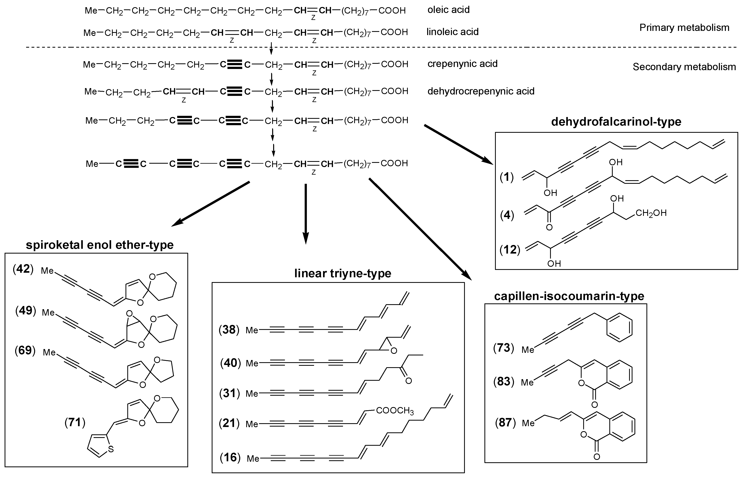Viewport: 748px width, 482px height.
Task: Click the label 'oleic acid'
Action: (448, 10)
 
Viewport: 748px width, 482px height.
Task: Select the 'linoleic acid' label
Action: (452, 32)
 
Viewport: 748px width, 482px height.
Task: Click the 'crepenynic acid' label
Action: (462, 64)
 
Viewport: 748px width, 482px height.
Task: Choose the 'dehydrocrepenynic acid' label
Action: (481, 91)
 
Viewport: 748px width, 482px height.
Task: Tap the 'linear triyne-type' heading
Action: (343, 273)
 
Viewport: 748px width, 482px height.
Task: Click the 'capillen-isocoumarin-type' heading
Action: (569, 296)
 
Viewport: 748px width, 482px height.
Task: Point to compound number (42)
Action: (23, 269)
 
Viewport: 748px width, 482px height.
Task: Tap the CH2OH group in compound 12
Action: (651, 213)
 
